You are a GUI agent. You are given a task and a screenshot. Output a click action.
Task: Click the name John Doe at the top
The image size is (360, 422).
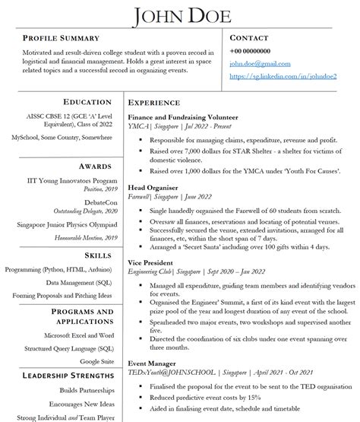point(179,14)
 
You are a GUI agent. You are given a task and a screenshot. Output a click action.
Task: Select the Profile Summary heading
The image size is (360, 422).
point(62,38)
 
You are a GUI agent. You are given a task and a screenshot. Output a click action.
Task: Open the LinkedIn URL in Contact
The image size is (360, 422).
point(283,77)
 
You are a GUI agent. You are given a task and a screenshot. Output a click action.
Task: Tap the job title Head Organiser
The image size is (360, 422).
point(153,187)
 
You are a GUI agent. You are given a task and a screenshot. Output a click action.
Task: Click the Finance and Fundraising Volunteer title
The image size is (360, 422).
point(183,118)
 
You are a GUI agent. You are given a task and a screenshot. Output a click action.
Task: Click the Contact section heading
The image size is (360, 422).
point(249,37)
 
